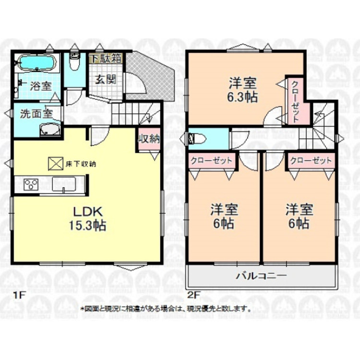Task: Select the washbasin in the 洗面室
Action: (49, 129)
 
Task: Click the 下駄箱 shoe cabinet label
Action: (107, 59)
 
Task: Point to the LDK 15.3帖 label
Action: (89, 218)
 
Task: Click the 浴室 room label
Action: (41, 86)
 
